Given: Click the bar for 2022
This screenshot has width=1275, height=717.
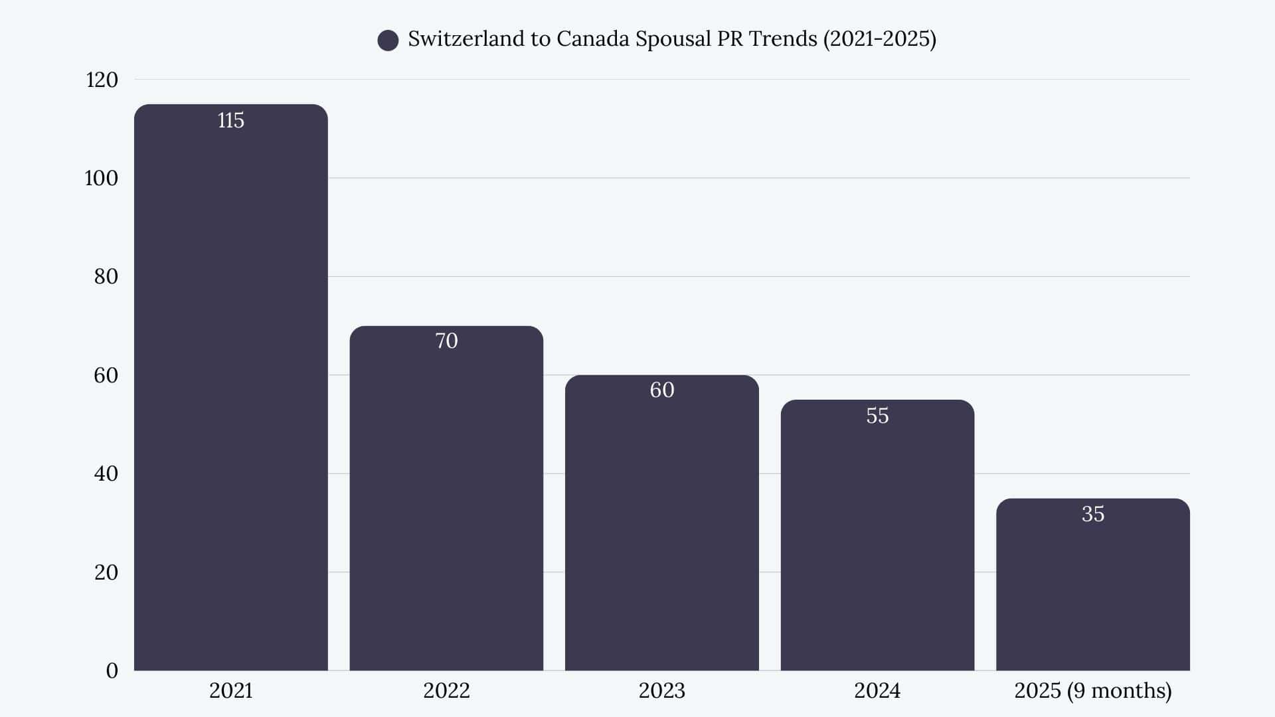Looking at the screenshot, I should [446, 505].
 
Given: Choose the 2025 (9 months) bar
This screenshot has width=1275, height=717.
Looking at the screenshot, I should [1092, 591].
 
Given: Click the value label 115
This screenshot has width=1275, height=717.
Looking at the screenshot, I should [230, 120].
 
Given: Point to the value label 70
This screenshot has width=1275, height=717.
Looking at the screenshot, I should [446, 341].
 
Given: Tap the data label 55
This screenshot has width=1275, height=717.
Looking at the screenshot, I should [877, 416].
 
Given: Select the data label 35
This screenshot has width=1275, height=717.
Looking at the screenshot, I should [1092, 514].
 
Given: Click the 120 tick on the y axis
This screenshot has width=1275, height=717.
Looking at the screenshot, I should [102, 80].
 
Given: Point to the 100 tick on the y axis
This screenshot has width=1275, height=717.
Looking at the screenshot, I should [102, 178].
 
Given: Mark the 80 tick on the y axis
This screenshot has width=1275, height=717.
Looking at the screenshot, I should [106, 276].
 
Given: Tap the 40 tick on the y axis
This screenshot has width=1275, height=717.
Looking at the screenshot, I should [106, 473].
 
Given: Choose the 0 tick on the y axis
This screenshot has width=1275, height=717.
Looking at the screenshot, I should [112, 671].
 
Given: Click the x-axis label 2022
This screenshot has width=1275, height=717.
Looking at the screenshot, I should [446, 690].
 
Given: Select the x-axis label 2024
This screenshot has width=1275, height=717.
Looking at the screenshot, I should [877, 690].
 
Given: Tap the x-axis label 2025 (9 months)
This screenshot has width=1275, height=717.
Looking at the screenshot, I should [1092, 690].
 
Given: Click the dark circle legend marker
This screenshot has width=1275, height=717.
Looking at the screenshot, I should [388, 40].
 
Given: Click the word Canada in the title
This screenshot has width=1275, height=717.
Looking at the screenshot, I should [592, 39].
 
